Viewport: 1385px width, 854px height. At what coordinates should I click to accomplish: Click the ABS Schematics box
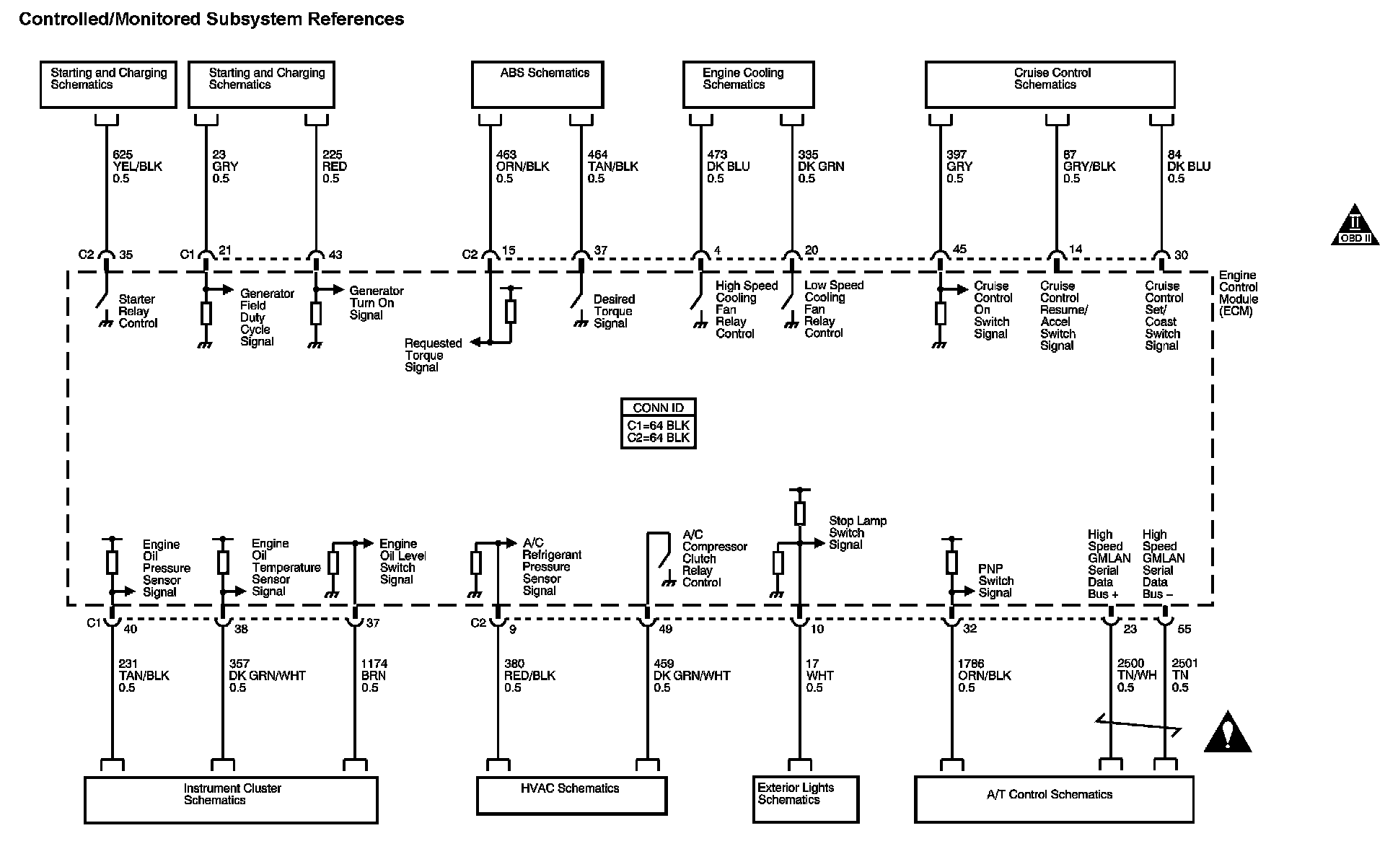tap(537, 84)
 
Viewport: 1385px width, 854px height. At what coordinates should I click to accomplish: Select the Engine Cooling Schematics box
tap(749, 84)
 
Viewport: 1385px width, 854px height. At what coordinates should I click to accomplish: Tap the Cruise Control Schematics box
tap(1050, 84)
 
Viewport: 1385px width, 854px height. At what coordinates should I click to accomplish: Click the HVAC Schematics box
tap(571, 795)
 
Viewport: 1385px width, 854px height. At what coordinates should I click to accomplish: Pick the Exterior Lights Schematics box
tap(806, 799)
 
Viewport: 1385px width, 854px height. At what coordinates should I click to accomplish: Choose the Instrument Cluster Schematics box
tap(231, 799)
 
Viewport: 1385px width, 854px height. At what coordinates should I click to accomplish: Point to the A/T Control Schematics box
tap(1054, 799)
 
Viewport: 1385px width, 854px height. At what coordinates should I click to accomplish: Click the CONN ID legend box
tap(659, 423)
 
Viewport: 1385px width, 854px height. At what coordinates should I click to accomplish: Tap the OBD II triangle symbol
tap(1355, 225)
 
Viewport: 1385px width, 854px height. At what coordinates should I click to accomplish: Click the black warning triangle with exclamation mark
tap(1227, 733)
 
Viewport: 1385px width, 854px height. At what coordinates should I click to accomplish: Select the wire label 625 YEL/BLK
tap(137, 167)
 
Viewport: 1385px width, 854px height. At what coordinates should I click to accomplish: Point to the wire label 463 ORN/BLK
tap(522, 167)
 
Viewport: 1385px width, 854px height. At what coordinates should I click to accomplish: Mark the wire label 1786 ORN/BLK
tap(984, 676)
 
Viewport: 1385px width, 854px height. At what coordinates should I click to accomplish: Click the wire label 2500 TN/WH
tap(1137, 676)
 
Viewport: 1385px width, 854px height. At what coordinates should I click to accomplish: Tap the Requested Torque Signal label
tap(433, 356)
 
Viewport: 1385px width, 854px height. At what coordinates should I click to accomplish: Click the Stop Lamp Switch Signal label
tap(858, 533)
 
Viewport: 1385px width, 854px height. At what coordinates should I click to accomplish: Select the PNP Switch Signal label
tap(995, 581)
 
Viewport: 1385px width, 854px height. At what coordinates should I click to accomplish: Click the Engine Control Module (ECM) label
tap(1239, 294)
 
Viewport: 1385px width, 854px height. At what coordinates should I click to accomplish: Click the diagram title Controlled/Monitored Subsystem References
tap(211, 19)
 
